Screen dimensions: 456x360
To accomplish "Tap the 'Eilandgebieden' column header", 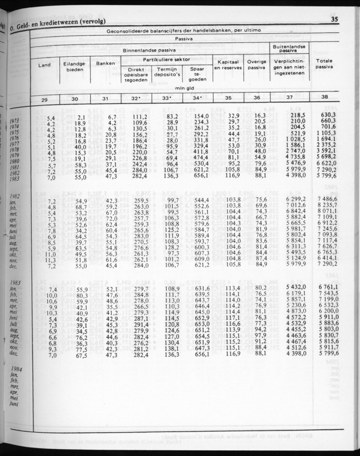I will [75, 66].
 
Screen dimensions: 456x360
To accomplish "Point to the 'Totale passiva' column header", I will [324, 64].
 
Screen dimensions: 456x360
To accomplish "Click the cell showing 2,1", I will [82, 118].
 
